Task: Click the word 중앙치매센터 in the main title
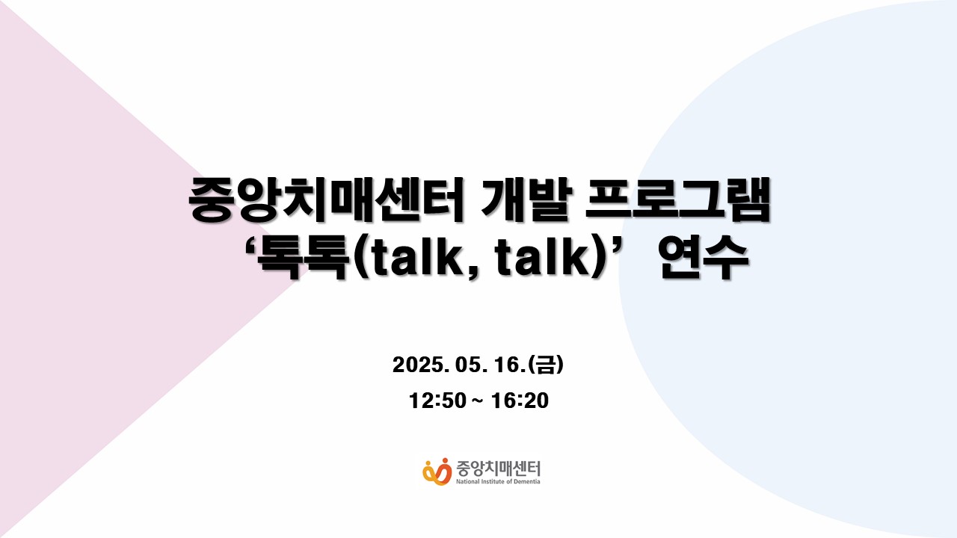click(x=327, y=200)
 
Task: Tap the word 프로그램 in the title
click(x=677, y=200)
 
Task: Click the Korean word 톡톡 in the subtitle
click(x=302, y=258)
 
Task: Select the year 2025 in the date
click(x=418, y=365)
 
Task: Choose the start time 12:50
click(x=437, y=401)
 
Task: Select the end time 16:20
click(x=520, y=401)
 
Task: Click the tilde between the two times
click(x=478, y=401)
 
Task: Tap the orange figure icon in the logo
click(x=437, y=471)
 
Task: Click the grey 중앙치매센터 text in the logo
click(x=498, y=469)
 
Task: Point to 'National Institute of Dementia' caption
click(x=498, y=482)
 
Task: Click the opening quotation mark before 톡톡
click(x=250, y=248)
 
